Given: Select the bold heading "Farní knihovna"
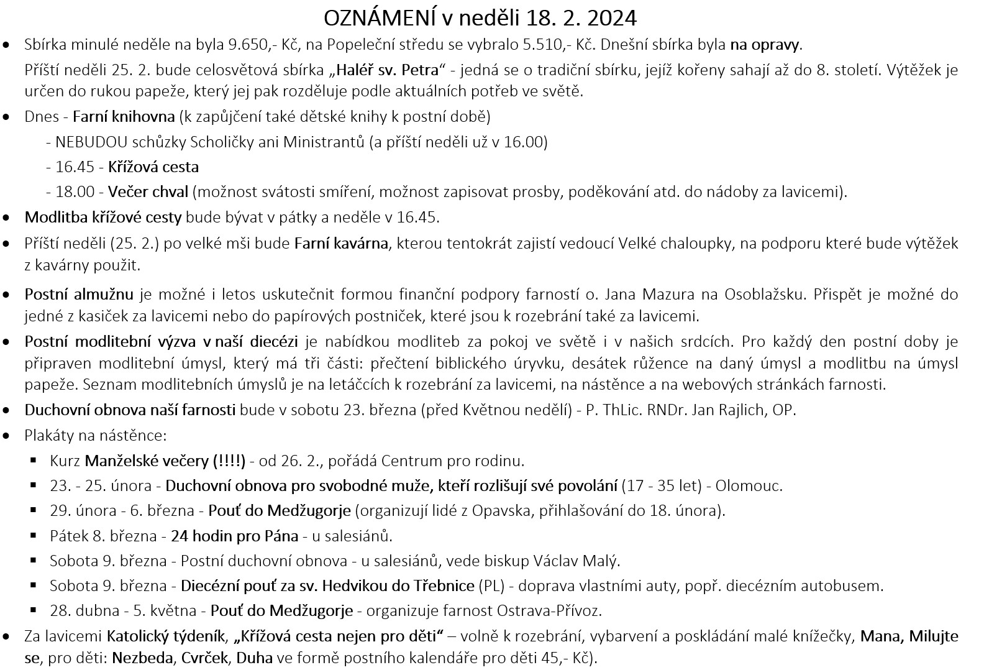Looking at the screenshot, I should click(x=124, y=117).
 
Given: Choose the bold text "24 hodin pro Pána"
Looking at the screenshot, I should click(x=234, y=536).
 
